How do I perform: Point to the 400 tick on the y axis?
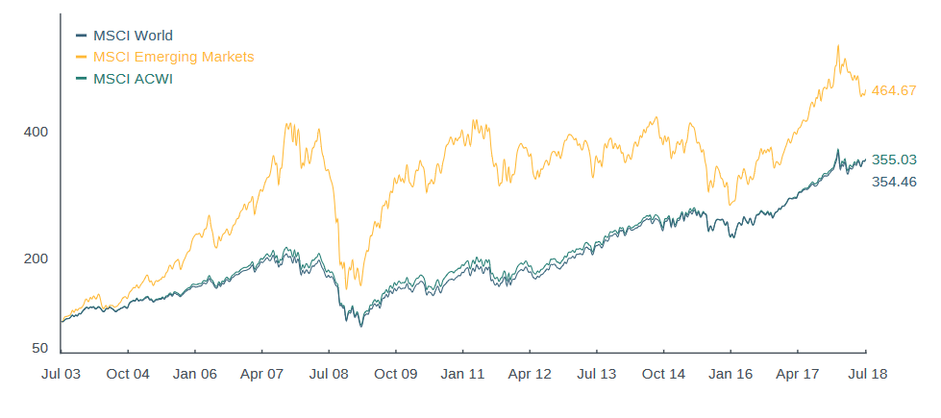point(36,132)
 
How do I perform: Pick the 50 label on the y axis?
point(39,348)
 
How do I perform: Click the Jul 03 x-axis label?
point(62,374)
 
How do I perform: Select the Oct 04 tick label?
point(128,374)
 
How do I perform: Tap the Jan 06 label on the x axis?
point(195,374)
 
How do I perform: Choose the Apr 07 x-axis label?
point(262,374)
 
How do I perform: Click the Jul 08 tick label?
point(329,374)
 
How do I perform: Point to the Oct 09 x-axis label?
point(396,374)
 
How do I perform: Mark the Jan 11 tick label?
point(462,374)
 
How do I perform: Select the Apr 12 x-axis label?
point(530,374)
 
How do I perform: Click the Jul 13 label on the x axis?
point(596,374)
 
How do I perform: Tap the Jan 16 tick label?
point(730,374)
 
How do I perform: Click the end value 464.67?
point(894,90)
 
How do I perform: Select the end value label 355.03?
point(894,160)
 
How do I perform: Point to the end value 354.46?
point(894,182)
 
